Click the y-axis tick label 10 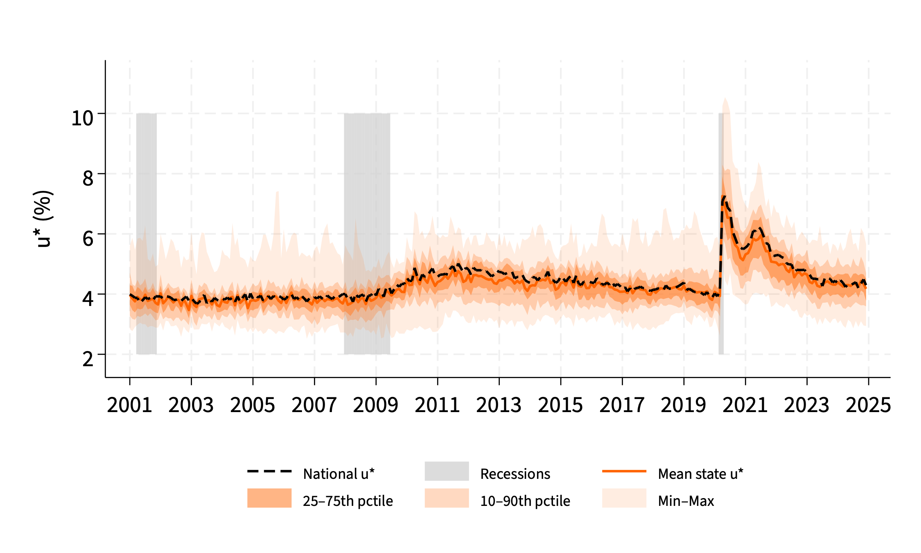pyautogui.click(x=82, y=118)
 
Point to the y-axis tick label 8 pyautogui.click(x=88, y=178)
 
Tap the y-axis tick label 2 pyautogui.click(x=88, y=359)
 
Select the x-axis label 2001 pyautogui.click(x=129, y=405)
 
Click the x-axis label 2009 pyautogui.click(x=375, y=405)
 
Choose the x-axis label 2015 pyautogui.click(x=560, y=405)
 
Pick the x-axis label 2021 pyautogui.click(x=745, y=405)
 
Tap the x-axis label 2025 pyautogui.click(x=868, y=405)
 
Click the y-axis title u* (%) pyautogui.click(x=43, y=219)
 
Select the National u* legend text pyautogui.click(x=339, y=474)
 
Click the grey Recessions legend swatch pyautogui.click(x=447, y=471)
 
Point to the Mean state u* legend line pyautogui.click(x=624, y=471)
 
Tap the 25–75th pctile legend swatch pyautogui.click(x=269, y=498)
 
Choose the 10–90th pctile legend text pyautogui.click(x=525, y=501)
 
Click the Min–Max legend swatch pyautogui.click(x=624, y=498)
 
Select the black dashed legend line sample pyautogui.click(x=269, y=471)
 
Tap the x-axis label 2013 pyautogui.click(x=499, y=405)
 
